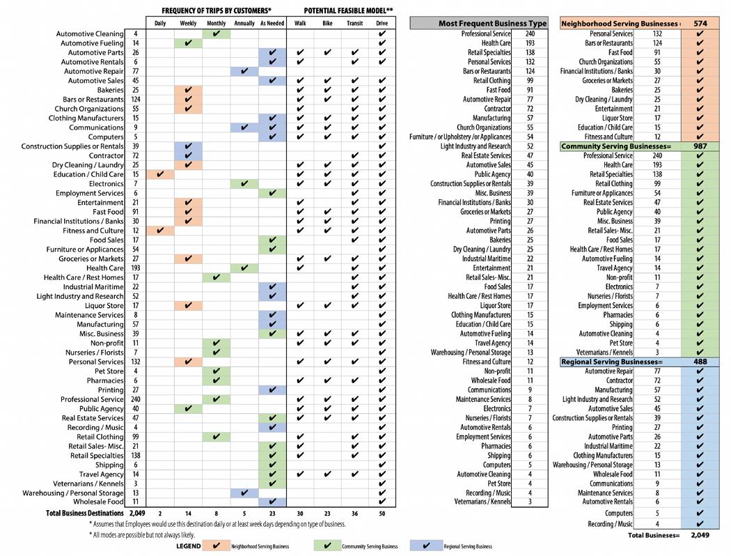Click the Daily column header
[x=160, y=24]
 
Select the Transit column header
[x=355, y=24]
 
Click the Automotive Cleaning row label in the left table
[x=90, y=33]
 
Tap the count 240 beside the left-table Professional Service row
[x=135, y=399]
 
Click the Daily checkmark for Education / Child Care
[x=160, y=174]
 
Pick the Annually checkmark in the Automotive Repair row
[x=244, y=71]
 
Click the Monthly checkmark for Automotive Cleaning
[x=217, y=33]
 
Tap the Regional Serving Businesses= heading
[x=612, y=362]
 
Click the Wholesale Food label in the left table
[x=98, y=502]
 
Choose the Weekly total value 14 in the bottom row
[x=188, y=513]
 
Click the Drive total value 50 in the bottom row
[x=382, y=513]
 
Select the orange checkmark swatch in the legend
[x=216, y=546]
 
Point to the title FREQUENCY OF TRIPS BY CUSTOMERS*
[x=217, y=10]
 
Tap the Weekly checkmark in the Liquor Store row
[x=188, y=305]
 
